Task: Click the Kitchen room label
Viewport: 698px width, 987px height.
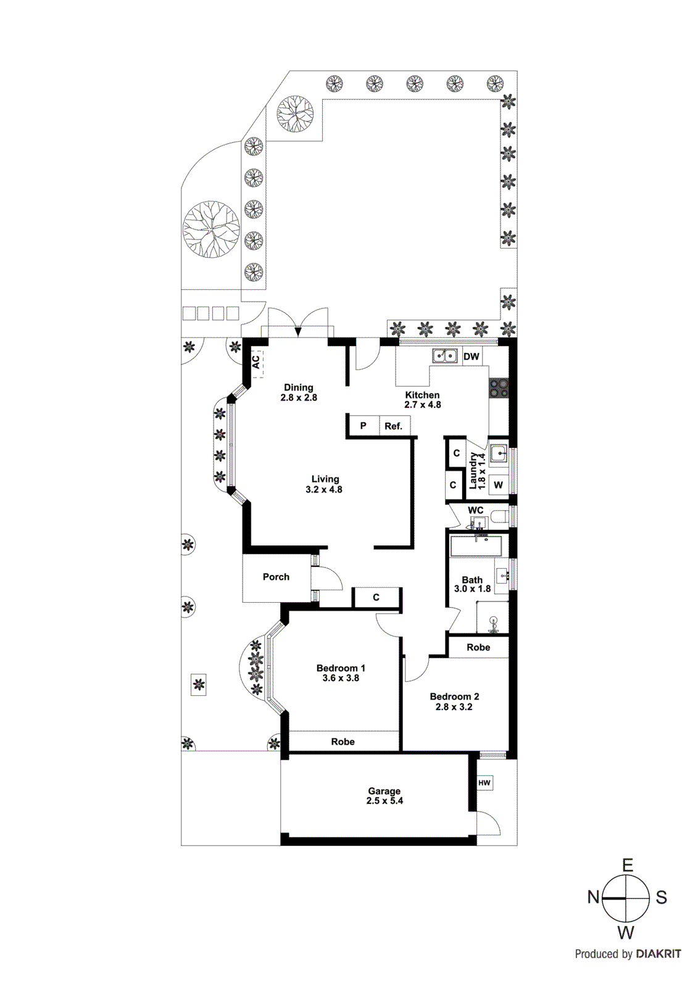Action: [x=422, y=395]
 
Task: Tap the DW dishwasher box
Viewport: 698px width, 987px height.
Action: [x=471, y=357]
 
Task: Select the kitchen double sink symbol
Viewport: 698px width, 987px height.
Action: [x=444, y=356]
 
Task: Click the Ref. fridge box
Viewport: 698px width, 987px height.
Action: [x=393, y=426]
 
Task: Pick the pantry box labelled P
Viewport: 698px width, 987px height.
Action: [x=363, y=426]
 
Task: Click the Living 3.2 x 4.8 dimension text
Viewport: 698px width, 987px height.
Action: [x=323, y=490]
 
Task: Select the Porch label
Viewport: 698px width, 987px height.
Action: [x=276, y=577]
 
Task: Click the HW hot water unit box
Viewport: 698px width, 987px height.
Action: [x=484, y=783]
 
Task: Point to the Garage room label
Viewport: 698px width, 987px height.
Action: [x=384, y=791]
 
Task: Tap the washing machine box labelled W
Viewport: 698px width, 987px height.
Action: [x=498, y=485]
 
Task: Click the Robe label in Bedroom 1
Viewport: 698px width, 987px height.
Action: [x=343, y=741]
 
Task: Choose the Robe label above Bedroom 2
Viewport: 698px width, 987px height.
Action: [x=478, y=647]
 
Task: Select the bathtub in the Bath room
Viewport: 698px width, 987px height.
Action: [x=476, y=546]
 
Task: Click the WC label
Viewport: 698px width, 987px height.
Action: [x=475, y=510]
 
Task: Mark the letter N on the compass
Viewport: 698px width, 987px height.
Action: [x=593, y=897]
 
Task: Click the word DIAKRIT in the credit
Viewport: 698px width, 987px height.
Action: [x=659, y=954]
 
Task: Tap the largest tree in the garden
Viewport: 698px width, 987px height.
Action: [x=211, y=229]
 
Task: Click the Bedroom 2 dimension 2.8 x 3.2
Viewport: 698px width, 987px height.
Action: [x=454, y=707]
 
